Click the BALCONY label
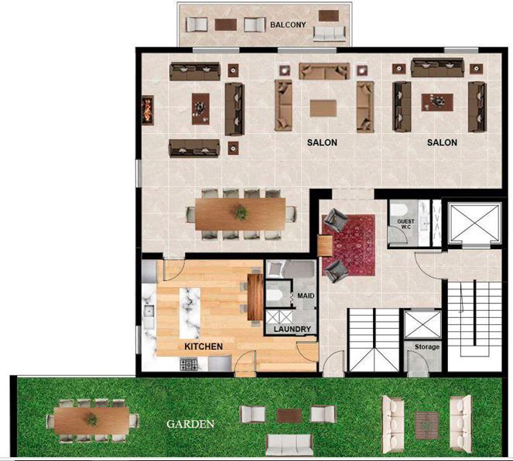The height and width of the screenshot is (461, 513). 288,25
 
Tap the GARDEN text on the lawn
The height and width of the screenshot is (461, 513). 190,424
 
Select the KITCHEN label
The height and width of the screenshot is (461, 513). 203,347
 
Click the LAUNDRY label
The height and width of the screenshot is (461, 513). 292,329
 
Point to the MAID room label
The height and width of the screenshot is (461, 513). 306,295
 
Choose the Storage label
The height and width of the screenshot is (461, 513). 427,347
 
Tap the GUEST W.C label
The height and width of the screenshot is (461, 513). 405,224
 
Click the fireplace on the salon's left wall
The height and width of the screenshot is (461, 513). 148,110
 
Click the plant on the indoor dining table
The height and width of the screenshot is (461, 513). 241,213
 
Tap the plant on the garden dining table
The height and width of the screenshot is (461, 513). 91,419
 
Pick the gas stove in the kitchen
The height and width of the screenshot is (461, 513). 189,364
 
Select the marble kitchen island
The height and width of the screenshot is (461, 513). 190,313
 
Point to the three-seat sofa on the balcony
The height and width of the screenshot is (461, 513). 329,33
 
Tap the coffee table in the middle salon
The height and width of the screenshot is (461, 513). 323,108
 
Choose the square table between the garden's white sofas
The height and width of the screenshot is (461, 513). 426,425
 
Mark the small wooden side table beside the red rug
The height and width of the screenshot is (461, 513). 325,246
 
